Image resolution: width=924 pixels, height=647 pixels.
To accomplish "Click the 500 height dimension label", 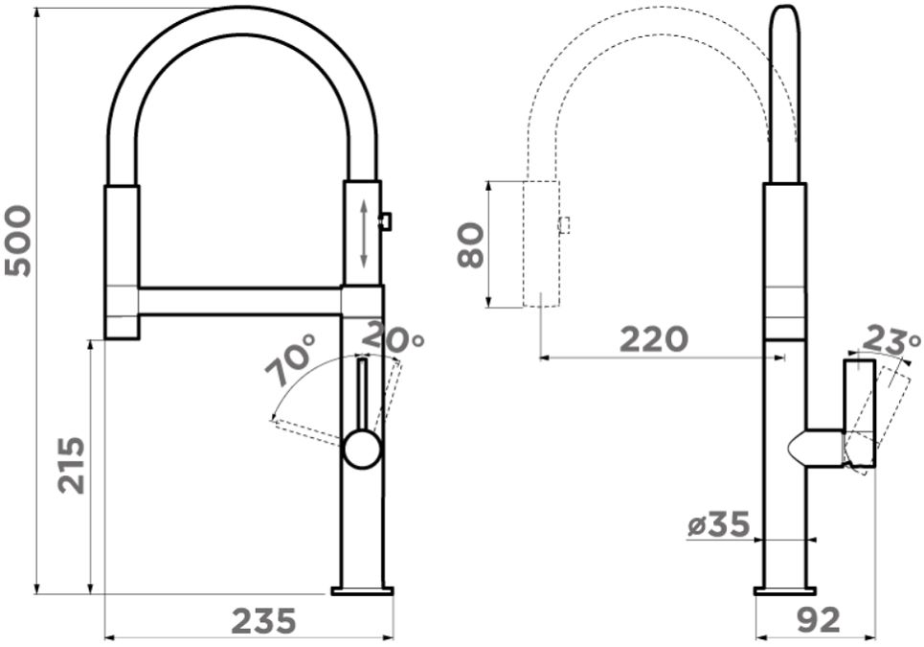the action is pos(17,241).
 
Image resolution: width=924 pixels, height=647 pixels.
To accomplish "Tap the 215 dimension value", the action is pos(71,465).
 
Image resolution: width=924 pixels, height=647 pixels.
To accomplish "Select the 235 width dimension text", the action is pos(263,621).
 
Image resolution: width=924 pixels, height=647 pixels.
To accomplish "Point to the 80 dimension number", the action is pos(471,245).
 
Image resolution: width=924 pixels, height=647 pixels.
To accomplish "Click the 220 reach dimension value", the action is pos(654,339).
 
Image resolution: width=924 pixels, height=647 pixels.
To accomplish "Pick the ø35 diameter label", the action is pos(718,524).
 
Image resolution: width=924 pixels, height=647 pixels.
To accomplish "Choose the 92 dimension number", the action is pos(819,620).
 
